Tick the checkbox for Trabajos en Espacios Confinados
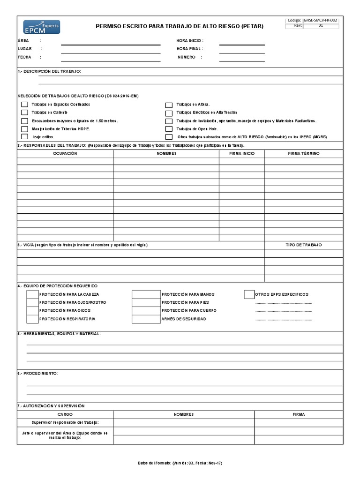click(x=24, y=105)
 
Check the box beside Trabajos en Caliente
click(x=24, y=112)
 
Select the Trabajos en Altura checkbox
click(x=169, y=105)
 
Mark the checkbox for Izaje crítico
click(x=24, y=137)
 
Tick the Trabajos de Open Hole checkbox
click(x=169, y=129)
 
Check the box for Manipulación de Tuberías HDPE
click(x=24, y=129)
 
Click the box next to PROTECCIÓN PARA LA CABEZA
click(x=32, y=294)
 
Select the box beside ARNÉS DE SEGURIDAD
click(x=146, y=319)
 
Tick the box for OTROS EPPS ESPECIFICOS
click(x=249, y=294)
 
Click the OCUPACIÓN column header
click(x=65, y=154)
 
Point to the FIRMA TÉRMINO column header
click(x=303, y=154)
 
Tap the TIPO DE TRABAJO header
click(x=304, y=245)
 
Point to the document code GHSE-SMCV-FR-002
click(x=321, y=21)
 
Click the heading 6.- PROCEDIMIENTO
click(x=37, y=373)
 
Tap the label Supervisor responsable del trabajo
click(x=65, y=423)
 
